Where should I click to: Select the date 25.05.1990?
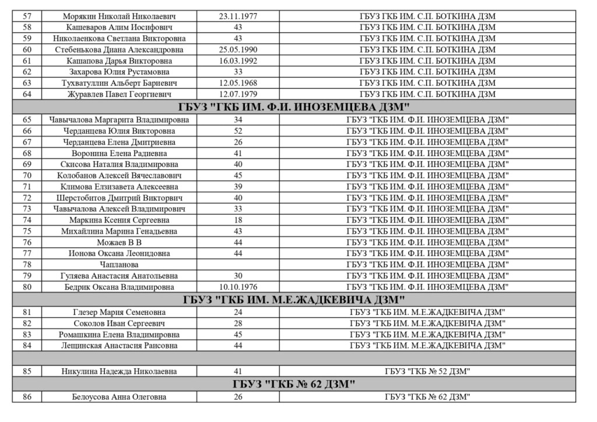click(x=238, y=50)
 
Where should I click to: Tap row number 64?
click(x=27, y=94)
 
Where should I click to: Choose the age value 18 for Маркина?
click(x=238, y=220)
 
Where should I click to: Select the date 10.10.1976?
click(x=238, y=287)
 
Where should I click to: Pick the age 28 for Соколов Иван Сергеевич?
click(x=238, y=323)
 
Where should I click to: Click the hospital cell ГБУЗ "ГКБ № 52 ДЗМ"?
click(x=427, y=371)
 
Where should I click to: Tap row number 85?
click(x=27, y=371)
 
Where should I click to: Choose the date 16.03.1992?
click(x=238, y=61)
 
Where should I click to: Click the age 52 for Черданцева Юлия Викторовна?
click(x=238, y=131)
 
